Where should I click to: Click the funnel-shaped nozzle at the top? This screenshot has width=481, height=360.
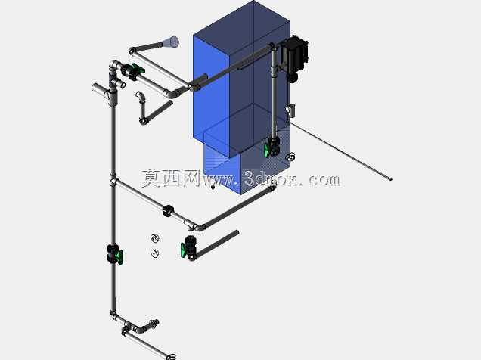click(x=170, y=42)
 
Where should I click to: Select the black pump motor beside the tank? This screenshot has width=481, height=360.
click(x=294, y=55)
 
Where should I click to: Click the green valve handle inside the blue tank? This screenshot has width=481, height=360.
click(x=266, y=151)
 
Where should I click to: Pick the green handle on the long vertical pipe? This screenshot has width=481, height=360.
click(x=120, y=257)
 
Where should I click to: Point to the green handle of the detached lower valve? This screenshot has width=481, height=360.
click(x=183, y=250)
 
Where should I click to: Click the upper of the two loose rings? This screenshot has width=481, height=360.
click(x=155, y=238)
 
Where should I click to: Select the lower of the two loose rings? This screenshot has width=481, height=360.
click(x=155, y=253)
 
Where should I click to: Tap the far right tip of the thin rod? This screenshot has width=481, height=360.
click(x=391, y=180)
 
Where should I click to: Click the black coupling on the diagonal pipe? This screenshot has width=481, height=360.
click(x=168, y=211)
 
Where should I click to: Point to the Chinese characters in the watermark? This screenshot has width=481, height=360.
click(x=171, y=178)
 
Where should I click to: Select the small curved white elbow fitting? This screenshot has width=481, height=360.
click(x=140, y=95)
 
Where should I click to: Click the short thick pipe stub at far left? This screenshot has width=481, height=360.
click(x=100, y=90)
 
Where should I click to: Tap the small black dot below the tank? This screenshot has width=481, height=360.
click(x=213, y=187)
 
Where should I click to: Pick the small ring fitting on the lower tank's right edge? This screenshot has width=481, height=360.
click(x=291, y=157)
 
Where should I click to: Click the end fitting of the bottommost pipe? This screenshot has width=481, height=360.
click(x=171, y=357)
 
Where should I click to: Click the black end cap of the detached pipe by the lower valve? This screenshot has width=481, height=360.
click(x=237, y=233)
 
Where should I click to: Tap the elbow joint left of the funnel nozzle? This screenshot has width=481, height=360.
click(x=132, y=51)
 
